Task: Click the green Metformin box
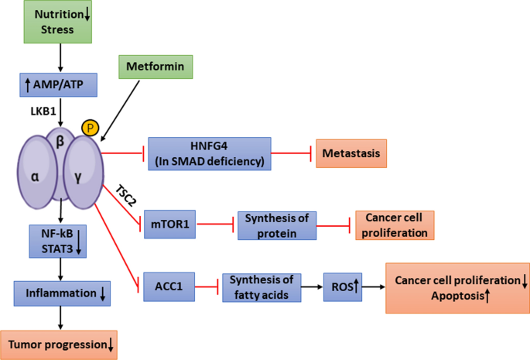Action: (x=155, y=67)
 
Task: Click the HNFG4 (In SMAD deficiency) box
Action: (x=209, y=153)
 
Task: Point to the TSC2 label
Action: (x=125, y=194)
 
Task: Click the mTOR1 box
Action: (x=170, y=225)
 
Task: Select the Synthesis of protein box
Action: (x=275, y=225)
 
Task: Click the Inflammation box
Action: (x=60, y=293)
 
